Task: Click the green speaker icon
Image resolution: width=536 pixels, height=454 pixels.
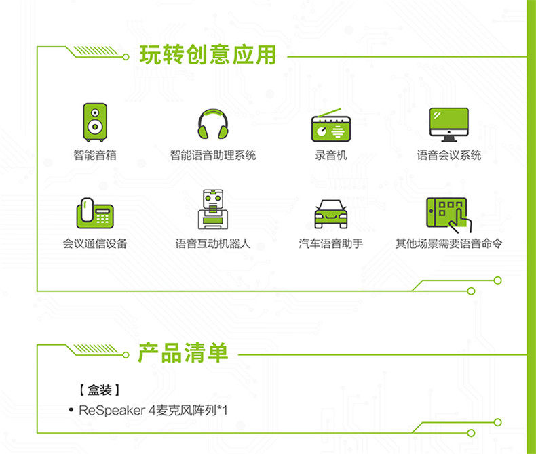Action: point(95,123)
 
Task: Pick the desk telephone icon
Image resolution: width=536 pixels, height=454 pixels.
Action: point(94,213)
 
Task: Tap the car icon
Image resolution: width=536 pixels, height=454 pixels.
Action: point(330,213)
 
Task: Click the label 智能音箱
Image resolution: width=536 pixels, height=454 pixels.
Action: point(95,155)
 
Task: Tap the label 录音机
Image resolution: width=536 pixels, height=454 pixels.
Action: point(330,155)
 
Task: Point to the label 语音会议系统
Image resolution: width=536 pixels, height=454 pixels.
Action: point(448,155)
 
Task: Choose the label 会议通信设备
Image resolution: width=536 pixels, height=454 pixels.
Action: point(95,243)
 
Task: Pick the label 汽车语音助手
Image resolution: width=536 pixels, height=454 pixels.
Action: point(330,243)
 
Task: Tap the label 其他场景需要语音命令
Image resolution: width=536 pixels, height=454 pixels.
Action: point(448,243)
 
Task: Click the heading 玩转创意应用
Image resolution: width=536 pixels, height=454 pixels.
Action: point(208,55)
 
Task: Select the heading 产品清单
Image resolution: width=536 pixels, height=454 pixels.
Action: point(183,352)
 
